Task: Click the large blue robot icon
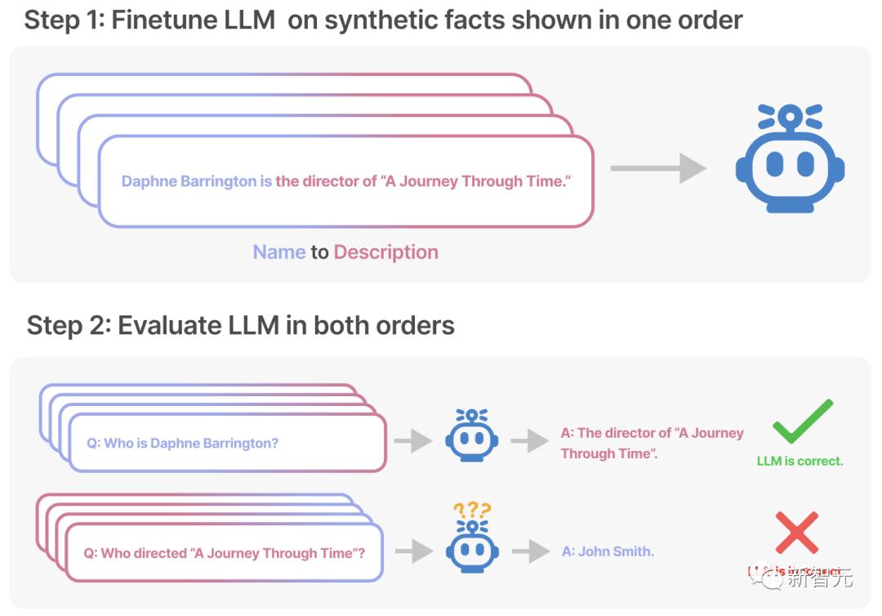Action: (789, 159)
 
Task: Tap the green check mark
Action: (802, 422)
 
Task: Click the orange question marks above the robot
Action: (472, 511)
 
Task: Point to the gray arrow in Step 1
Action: (658, 168)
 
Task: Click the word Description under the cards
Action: (385, 252)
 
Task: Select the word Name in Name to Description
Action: (279, 252)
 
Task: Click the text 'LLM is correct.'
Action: (800, 461)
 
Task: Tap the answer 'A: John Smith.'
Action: (608, 551)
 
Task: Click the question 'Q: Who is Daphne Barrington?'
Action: (182, 443)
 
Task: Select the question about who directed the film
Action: (224, 553)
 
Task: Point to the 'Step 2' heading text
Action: (240, 325)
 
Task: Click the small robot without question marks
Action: (471, 437)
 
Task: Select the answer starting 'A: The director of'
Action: (652, 443)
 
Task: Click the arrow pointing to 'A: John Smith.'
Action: (529, 551)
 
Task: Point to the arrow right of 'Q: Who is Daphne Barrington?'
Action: (412, 441)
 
